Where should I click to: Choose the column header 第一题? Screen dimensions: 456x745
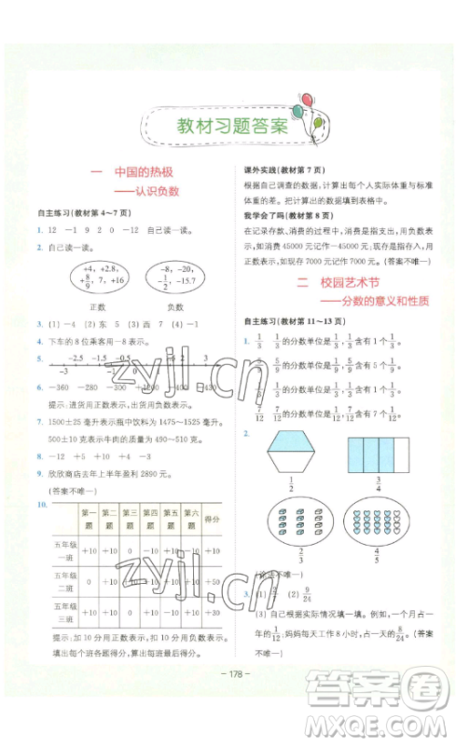click(90, 518)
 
